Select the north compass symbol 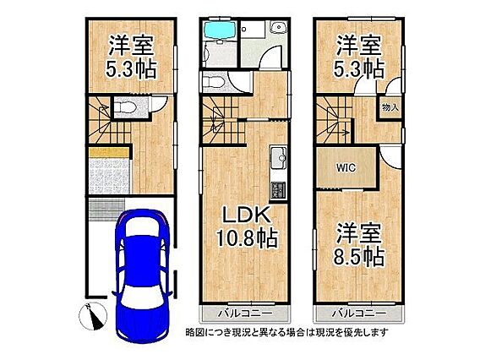coord(93,316)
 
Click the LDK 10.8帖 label coord(247,226)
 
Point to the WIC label coord(346,167)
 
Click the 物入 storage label coord(390,107)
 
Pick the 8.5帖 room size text coord(359,256)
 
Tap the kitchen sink coord(278,157)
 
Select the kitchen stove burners coord(278,190)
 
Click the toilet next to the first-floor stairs coord(126,107)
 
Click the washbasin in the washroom coord(278,28)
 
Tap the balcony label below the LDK coord(246,314)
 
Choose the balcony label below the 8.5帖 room coord(359,314)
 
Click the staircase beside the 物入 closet coord(335,120)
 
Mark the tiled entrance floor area coord(109,176)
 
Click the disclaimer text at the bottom coord(286,332)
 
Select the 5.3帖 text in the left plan coord(131,69)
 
